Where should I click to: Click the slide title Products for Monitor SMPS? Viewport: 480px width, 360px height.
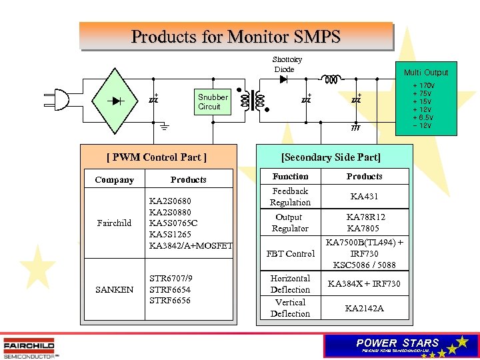point(235,36)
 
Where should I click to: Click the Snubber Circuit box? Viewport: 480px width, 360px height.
point(213,101)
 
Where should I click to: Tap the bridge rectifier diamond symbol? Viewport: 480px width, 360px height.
point(119,101)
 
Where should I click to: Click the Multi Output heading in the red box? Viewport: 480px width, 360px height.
point(426,72)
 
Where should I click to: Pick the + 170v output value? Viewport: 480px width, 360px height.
point(423,86)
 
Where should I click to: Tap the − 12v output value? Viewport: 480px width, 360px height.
point(422,125)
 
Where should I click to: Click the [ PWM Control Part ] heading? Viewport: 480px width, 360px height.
point(157,157)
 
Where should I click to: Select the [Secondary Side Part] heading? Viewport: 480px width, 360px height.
point(331,157)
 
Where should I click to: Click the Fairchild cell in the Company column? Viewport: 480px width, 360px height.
point(114,223)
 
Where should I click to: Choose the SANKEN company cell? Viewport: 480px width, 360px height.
point(114,289)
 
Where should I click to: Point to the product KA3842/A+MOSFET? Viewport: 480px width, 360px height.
point(191,245)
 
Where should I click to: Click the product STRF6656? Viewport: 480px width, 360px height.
point(170,300)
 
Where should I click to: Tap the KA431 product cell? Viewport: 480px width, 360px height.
point(365,196)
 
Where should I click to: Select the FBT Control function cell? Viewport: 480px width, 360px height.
point(290,253)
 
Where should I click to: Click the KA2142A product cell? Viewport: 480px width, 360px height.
point(365,308)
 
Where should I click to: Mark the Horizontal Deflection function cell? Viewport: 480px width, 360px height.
point(290,284)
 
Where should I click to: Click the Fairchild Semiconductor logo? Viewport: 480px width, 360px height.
point(29,347)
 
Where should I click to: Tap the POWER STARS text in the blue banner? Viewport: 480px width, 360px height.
point(398,343)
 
